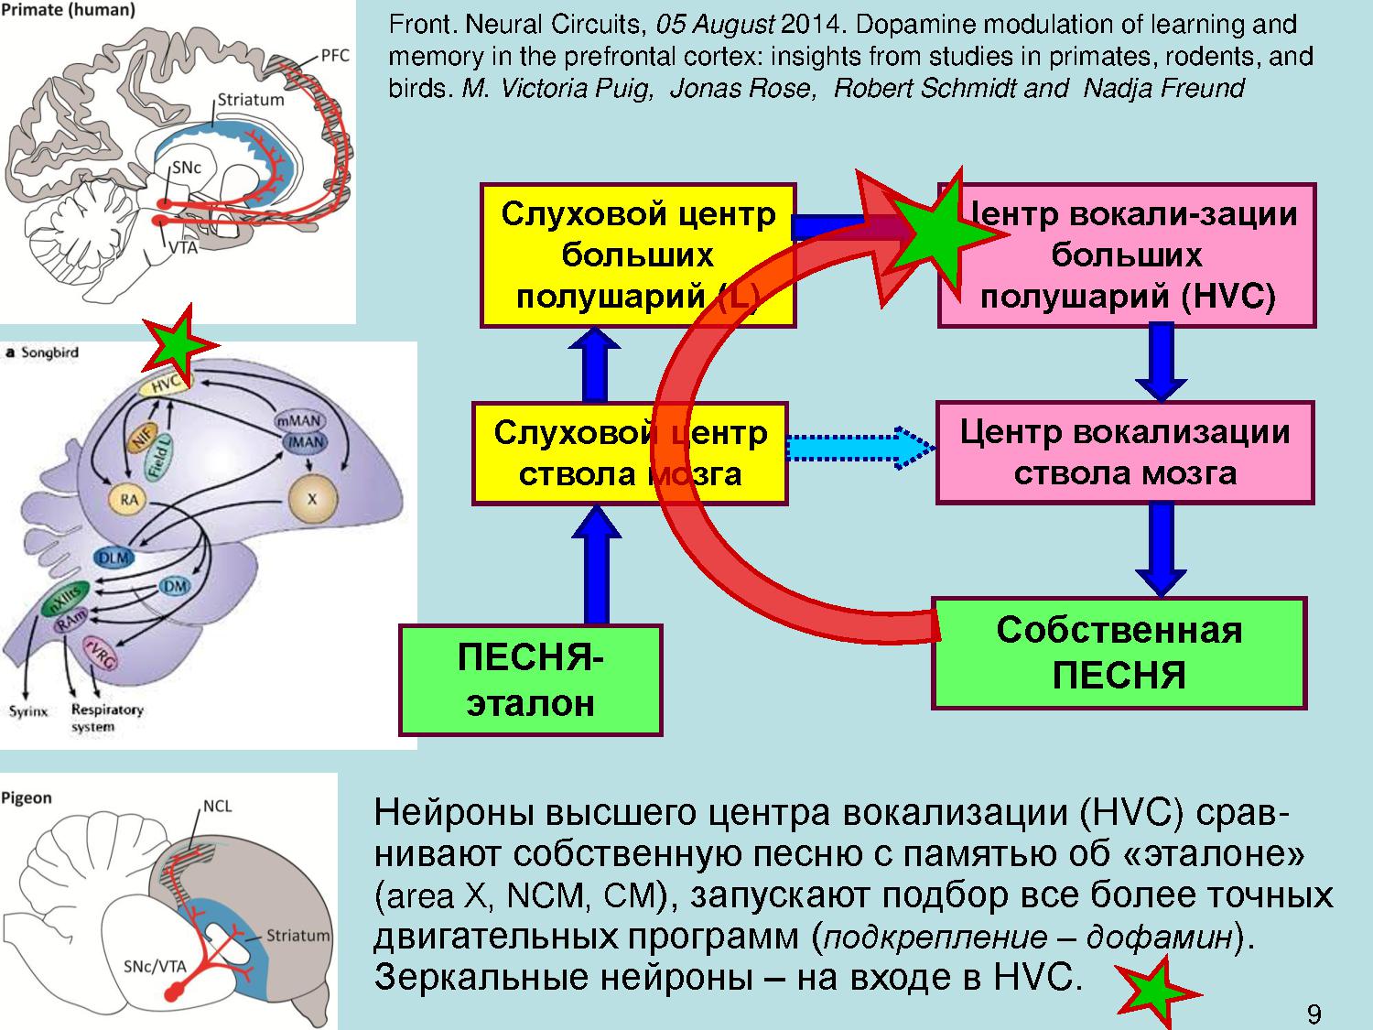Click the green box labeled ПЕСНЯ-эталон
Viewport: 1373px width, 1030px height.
[x=530, y=680]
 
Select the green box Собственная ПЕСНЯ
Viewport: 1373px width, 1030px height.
[x=1119, y=653]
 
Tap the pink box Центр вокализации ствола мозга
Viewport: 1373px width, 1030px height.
[x=1125, y=452]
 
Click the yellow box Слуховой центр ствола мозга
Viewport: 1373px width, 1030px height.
[x=630, y=452]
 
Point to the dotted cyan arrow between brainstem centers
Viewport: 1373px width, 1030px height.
[x=860, y=449]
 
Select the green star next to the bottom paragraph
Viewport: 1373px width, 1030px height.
[x=1156, y=992]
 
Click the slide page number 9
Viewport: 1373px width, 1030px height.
[x=1314, y=1014]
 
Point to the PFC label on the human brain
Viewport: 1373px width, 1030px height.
[x=334, y=56]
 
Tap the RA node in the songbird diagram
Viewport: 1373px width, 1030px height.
[x=129, y=499]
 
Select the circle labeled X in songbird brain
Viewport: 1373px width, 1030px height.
[x=312, y=499]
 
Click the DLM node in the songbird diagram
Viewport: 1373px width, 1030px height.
[x=114, y=558]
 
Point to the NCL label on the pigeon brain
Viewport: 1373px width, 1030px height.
[x=217, y=806]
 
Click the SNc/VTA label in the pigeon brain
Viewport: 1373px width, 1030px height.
[x=155, y=966]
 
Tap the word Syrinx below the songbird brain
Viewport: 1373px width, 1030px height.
[x=27, y=710]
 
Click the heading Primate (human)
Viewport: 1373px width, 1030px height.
[x=68, y=11]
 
